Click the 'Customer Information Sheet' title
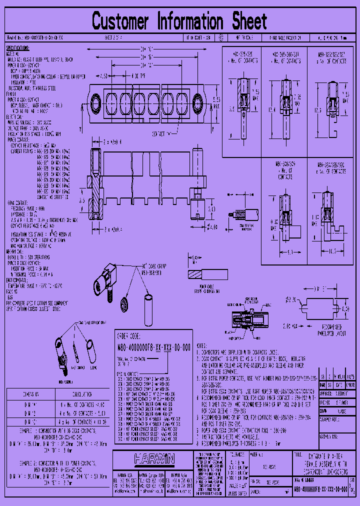pos(179,21)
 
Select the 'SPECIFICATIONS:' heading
pos(17,48)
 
